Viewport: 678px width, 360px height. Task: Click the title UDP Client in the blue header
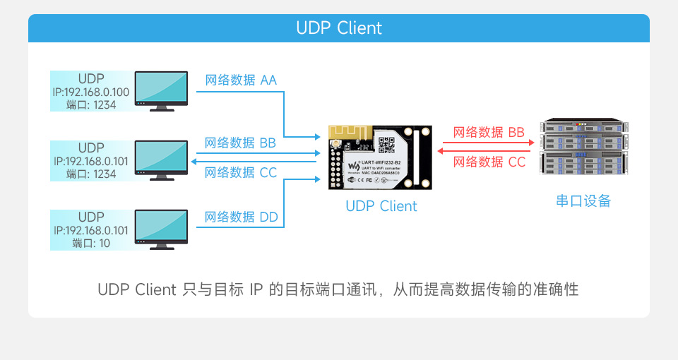click(339, 28)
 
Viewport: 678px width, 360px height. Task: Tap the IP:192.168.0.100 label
click(91, 92)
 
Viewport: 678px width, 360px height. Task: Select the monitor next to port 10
click(162, 227)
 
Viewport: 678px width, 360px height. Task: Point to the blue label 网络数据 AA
click(241, 80)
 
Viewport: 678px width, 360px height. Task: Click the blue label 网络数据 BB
click(240, 143)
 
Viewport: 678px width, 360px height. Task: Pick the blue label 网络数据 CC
click(240, 172)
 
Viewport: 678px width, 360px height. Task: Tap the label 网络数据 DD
click(241, 217)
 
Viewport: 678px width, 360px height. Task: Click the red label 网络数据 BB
click(489, 132)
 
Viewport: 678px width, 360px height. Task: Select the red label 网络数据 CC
click(489, 162)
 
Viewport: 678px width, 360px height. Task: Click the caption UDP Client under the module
click(381, 206)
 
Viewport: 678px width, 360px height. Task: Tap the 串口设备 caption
click(583, 201)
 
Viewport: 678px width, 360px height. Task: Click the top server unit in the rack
click(583, 127)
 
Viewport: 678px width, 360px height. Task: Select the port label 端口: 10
click(91, 244)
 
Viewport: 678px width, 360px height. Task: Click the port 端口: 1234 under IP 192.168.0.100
click(91, 104)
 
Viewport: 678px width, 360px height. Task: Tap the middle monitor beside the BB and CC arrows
click(162, 158)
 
